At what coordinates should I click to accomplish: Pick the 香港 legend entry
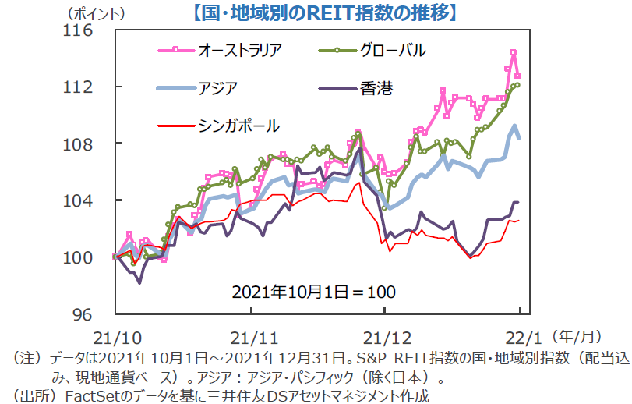click(x=377, y=87)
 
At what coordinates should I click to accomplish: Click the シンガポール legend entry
click(x=238, y=125)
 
